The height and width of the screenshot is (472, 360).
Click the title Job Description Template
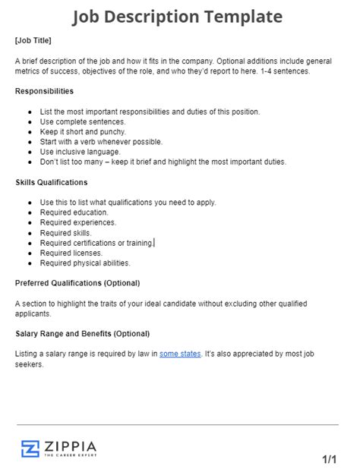click(x=178, y=17)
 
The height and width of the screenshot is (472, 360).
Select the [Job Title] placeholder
click(x=33, y=39)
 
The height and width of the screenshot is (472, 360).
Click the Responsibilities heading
click(x=44, y=90)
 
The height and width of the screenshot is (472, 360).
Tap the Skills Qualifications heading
click(x=52, y=182)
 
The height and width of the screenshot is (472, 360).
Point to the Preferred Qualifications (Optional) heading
click(x=77, y=283)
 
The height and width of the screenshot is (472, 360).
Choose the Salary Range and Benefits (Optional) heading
click(x=82, y=333)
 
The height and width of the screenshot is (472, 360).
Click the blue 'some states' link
click(x=180, y=354)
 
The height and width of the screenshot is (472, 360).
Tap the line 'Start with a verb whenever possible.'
click(x=101, y=141)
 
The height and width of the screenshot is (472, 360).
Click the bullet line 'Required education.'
click(x=75, y=212)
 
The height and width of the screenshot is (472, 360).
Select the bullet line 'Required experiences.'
click(x=78, y=222)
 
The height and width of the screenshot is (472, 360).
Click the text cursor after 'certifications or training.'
click(x=154, y=243)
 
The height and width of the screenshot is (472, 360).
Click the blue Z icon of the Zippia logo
click(x=30, y=448)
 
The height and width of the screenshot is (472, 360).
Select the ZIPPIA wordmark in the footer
click(x=70, y=445)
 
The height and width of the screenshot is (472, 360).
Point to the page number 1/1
click(x=330, y=459)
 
